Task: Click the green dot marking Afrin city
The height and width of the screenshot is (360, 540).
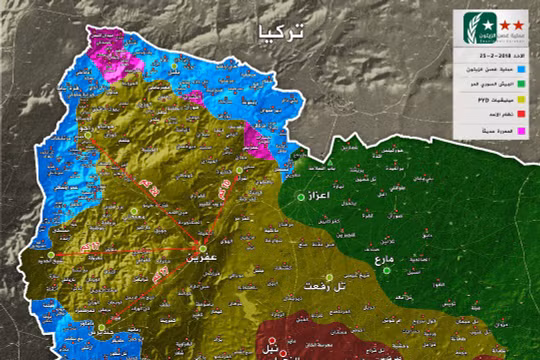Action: (202, 247)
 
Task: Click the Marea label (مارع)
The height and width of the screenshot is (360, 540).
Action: (381, 261)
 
